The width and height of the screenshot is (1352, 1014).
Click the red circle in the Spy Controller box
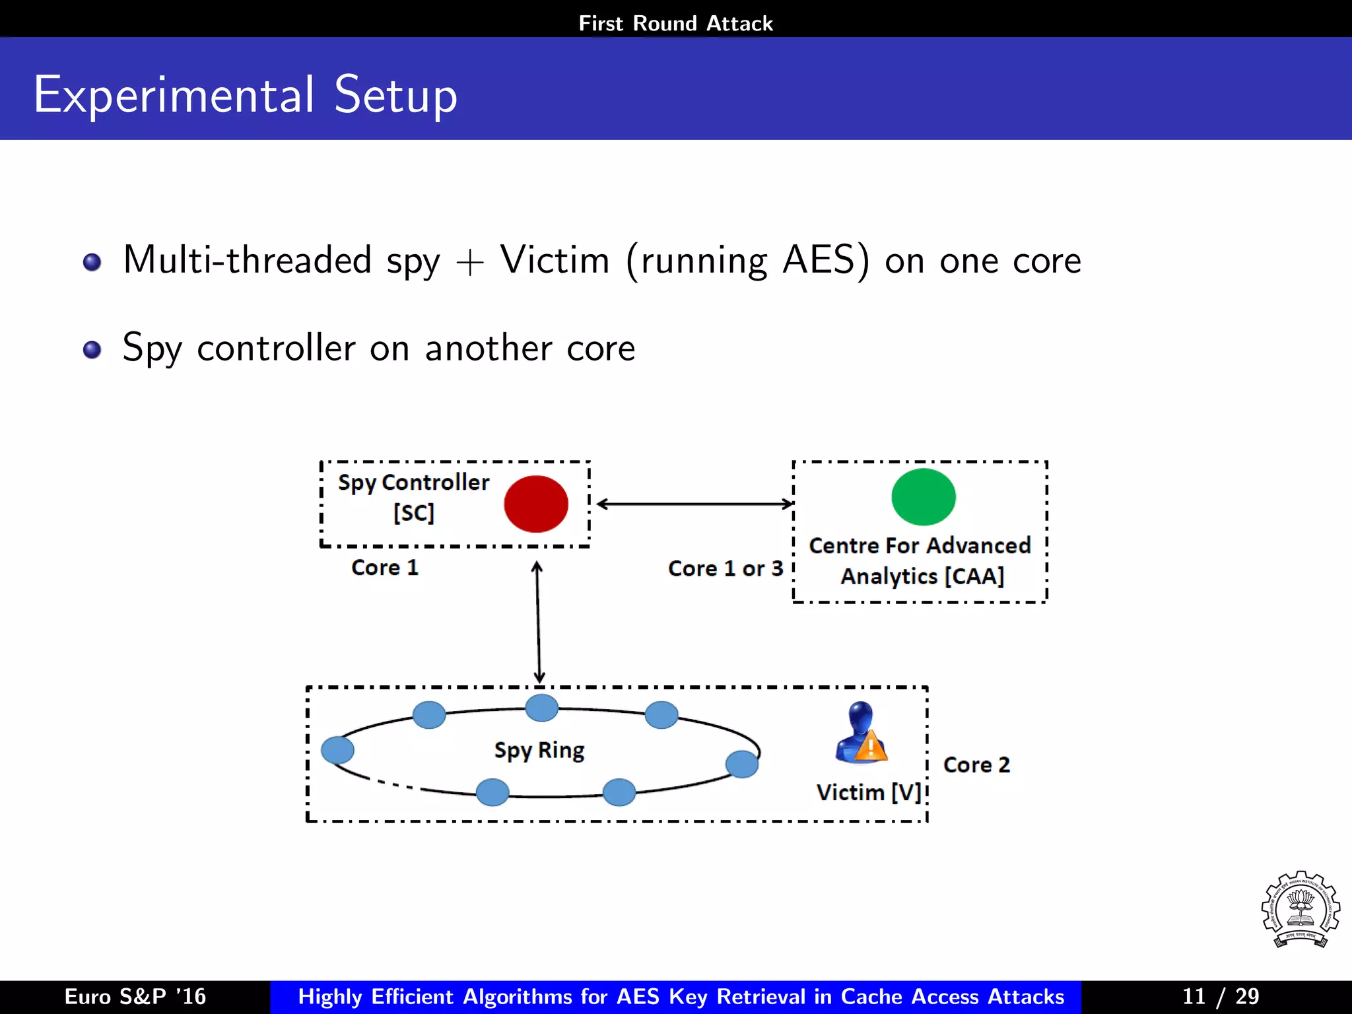[x=535, y=504]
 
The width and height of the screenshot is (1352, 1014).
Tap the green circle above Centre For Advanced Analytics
[x=923, y=497]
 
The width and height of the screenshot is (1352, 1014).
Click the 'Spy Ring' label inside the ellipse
[x=539, y=751]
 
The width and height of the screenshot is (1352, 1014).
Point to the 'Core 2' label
[x=976, y=764]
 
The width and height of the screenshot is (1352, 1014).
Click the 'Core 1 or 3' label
[x=725, y=568]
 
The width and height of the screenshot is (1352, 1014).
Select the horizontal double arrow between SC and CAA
[x=694, y=504]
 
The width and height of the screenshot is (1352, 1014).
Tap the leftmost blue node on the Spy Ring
[x=337, y=750]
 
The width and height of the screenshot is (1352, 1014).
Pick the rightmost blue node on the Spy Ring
[x=741, y=764]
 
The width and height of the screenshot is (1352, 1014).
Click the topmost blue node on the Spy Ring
[x=541, y=708]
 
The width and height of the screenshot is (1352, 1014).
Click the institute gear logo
[x=1300, y=910]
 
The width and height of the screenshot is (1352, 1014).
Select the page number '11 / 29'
[x=1220, y=996]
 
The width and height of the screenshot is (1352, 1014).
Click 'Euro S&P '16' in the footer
[x=135, y=996]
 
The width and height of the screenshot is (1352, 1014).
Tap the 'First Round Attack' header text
[x=675, y=24]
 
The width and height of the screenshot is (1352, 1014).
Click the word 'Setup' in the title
[x=395, y=96]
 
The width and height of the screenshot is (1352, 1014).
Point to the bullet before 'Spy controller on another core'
[x=92, y=349]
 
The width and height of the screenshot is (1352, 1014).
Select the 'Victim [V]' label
[x=868, y=792]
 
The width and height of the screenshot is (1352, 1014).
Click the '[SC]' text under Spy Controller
[x=414, y=512]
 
